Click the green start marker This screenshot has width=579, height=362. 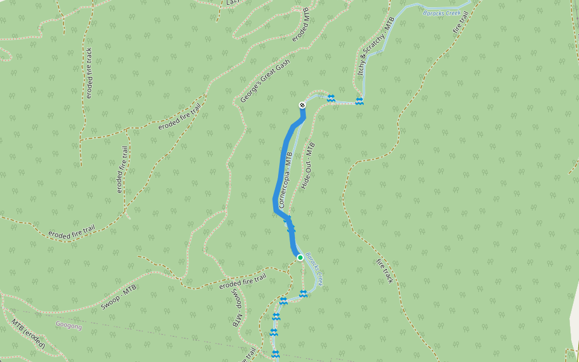300,258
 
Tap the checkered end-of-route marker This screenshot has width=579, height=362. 302,105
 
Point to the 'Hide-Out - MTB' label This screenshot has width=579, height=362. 308,167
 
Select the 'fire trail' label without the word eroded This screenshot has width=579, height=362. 460,19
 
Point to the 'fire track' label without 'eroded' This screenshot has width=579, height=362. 384,271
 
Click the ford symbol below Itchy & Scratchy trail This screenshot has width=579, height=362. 359,101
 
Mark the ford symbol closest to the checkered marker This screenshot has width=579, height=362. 331,98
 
